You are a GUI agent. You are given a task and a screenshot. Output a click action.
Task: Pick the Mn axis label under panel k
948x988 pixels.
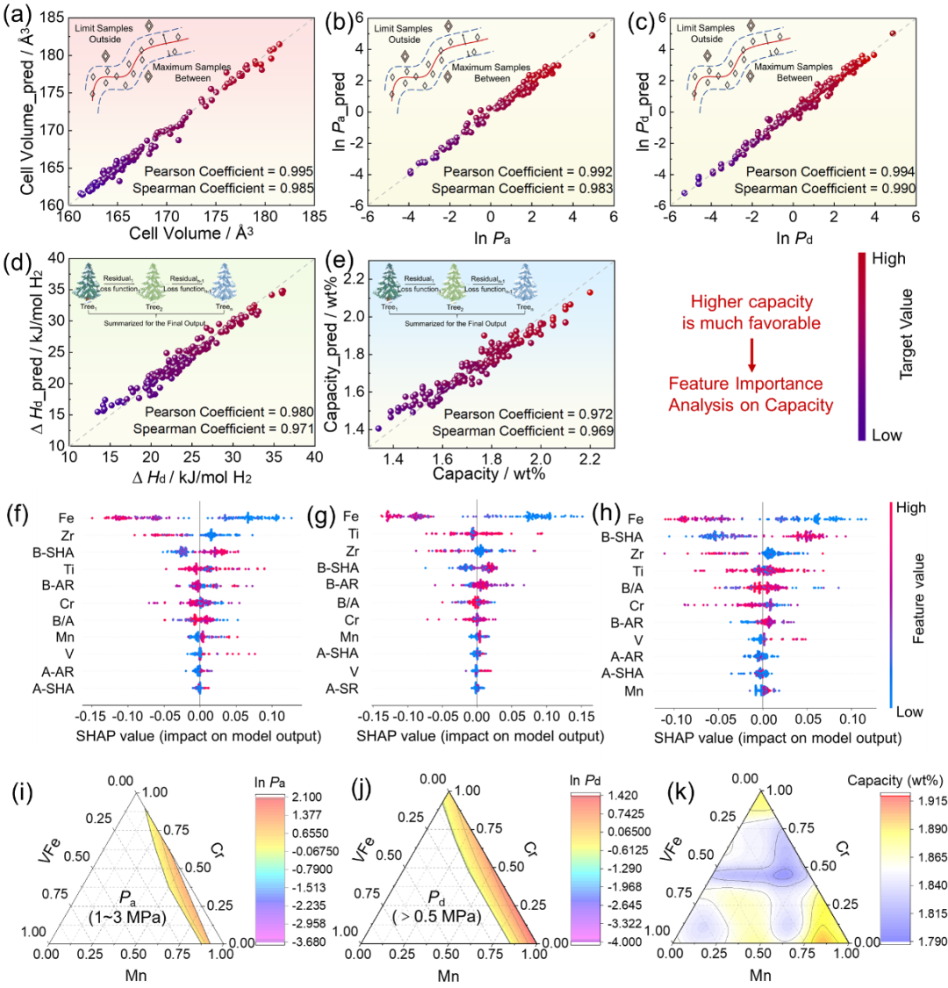(760, 975)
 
